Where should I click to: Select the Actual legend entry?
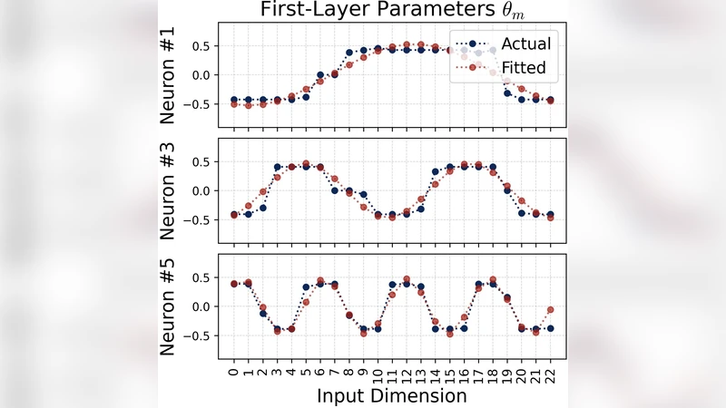(x=525, y=44)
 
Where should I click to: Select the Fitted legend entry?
(x=525, y=66)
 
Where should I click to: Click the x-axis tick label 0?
(x=233, y=370)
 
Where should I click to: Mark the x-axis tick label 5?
(x=305, y=370)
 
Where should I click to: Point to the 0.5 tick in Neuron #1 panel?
(x=207, y=46)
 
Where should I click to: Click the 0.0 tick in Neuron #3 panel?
(x=207, y=190)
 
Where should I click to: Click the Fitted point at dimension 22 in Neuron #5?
(x=550, y=310)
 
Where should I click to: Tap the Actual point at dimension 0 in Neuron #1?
(x=233, y=100)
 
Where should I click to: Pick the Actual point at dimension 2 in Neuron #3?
(x=262, y=208)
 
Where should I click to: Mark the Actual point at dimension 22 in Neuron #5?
(x=550, y=328)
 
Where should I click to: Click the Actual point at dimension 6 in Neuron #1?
(x=319, y=75)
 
